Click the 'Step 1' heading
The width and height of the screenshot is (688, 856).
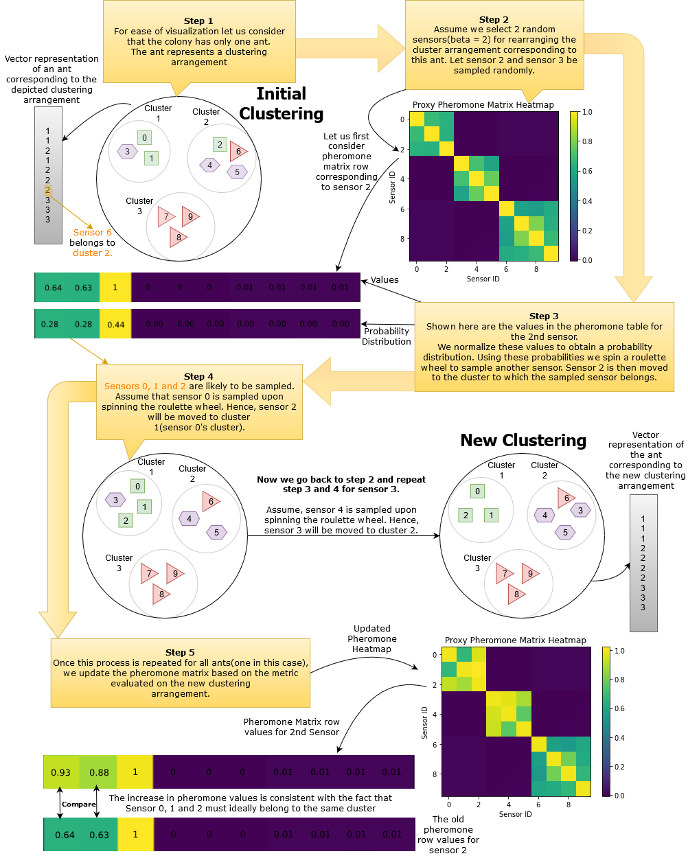tap(198, 21)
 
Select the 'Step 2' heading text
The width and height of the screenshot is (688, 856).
tap(494, 20)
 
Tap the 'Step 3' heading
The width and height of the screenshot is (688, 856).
tap(544, 316)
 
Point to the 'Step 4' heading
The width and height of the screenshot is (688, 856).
tap(198, 376)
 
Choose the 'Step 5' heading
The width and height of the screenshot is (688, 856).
tap(180, 652)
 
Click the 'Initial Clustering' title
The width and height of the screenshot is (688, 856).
tap(281, 104)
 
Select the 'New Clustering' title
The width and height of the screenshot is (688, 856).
tap(523, 441)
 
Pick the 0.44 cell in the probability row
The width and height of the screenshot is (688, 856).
tap(115, 324)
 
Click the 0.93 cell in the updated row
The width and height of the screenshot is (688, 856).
tap(61, 772)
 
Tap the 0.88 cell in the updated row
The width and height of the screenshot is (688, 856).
tap(99, 772)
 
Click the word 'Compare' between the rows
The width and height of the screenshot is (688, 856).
tap(78, 804)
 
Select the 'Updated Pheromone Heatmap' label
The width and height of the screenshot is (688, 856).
tap(371, 638)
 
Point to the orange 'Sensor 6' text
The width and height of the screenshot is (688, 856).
tap(92, 233)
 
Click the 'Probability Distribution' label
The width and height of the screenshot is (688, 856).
tap(387, 336)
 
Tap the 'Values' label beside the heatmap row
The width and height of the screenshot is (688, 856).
tap(385, 280)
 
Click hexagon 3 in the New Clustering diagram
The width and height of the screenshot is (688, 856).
tap(580, 510)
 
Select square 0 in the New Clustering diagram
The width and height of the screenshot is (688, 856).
tap(477, 491)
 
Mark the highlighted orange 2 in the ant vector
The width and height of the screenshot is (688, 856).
tap(47, 190)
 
